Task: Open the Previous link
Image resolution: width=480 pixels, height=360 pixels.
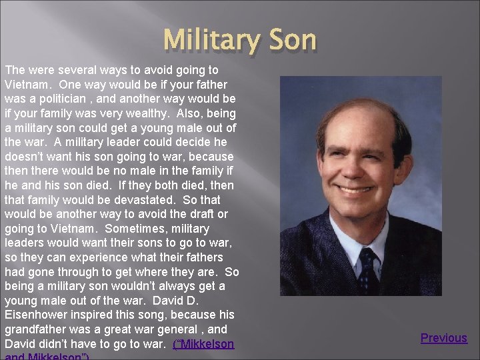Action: point(443,338)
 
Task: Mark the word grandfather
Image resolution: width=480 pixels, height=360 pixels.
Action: point(37,329)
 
